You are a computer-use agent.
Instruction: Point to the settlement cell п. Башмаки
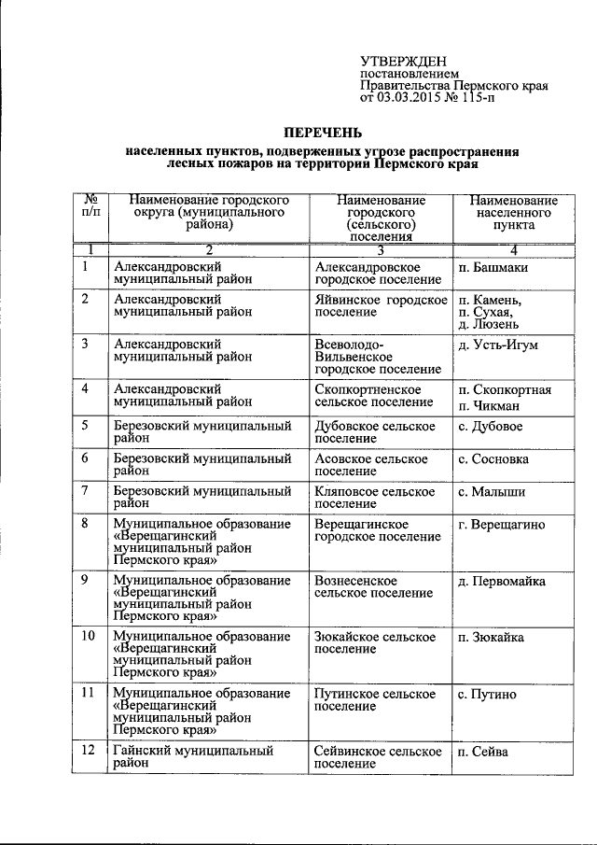pos(493,267)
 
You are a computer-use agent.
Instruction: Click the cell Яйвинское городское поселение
pos(382,306)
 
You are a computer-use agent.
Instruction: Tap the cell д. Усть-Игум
pos(498,345)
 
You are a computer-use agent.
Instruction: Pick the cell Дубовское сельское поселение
pos(375,433)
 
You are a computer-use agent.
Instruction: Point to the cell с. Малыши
pos(491,491)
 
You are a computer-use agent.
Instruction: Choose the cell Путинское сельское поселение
pos(375,700)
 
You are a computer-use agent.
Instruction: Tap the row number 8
pos(86,525)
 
